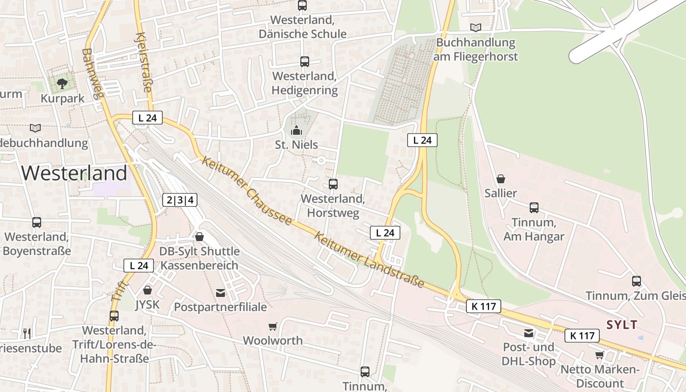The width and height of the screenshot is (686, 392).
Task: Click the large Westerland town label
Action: tap(74, 173)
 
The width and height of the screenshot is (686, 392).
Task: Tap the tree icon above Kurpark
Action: tap(62, 84)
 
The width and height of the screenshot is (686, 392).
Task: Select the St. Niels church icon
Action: tap(296, 131)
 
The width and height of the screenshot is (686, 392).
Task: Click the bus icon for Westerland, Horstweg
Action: tap(333, 184)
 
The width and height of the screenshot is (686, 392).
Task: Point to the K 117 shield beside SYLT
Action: tap(582, 336)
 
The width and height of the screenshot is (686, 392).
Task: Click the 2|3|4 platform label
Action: tap(180, 200)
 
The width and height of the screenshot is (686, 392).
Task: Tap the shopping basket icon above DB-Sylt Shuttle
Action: tap(199, 237)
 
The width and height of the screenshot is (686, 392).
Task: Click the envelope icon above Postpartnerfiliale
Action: tap(220, 293)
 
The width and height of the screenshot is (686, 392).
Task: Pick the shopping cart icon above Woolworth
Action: tap(273, 326)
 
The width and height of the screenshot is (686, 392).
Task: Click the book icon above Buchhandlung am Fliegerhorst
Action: tap(475, 27)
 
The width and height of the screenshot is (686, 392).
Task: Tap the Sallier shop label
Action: tap(501, 193)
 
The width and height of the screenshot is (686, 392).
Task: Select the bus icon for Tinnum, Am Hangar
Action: tap(534, 208)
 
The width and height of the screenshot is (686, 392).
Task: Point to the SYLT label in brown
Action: tap(622, 324)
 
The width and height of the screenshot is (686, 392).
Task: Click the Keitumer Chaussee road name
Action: tap(247, 191)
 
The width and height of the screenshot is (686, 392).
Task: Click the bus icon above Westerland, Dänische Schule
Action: tap(302, 5)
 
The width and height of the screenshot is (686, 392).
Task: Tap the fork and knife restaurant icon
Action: tap(27, 334)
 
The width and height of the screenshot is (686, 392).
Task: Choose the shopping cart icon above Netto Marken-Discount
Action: tap(599, 355)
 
